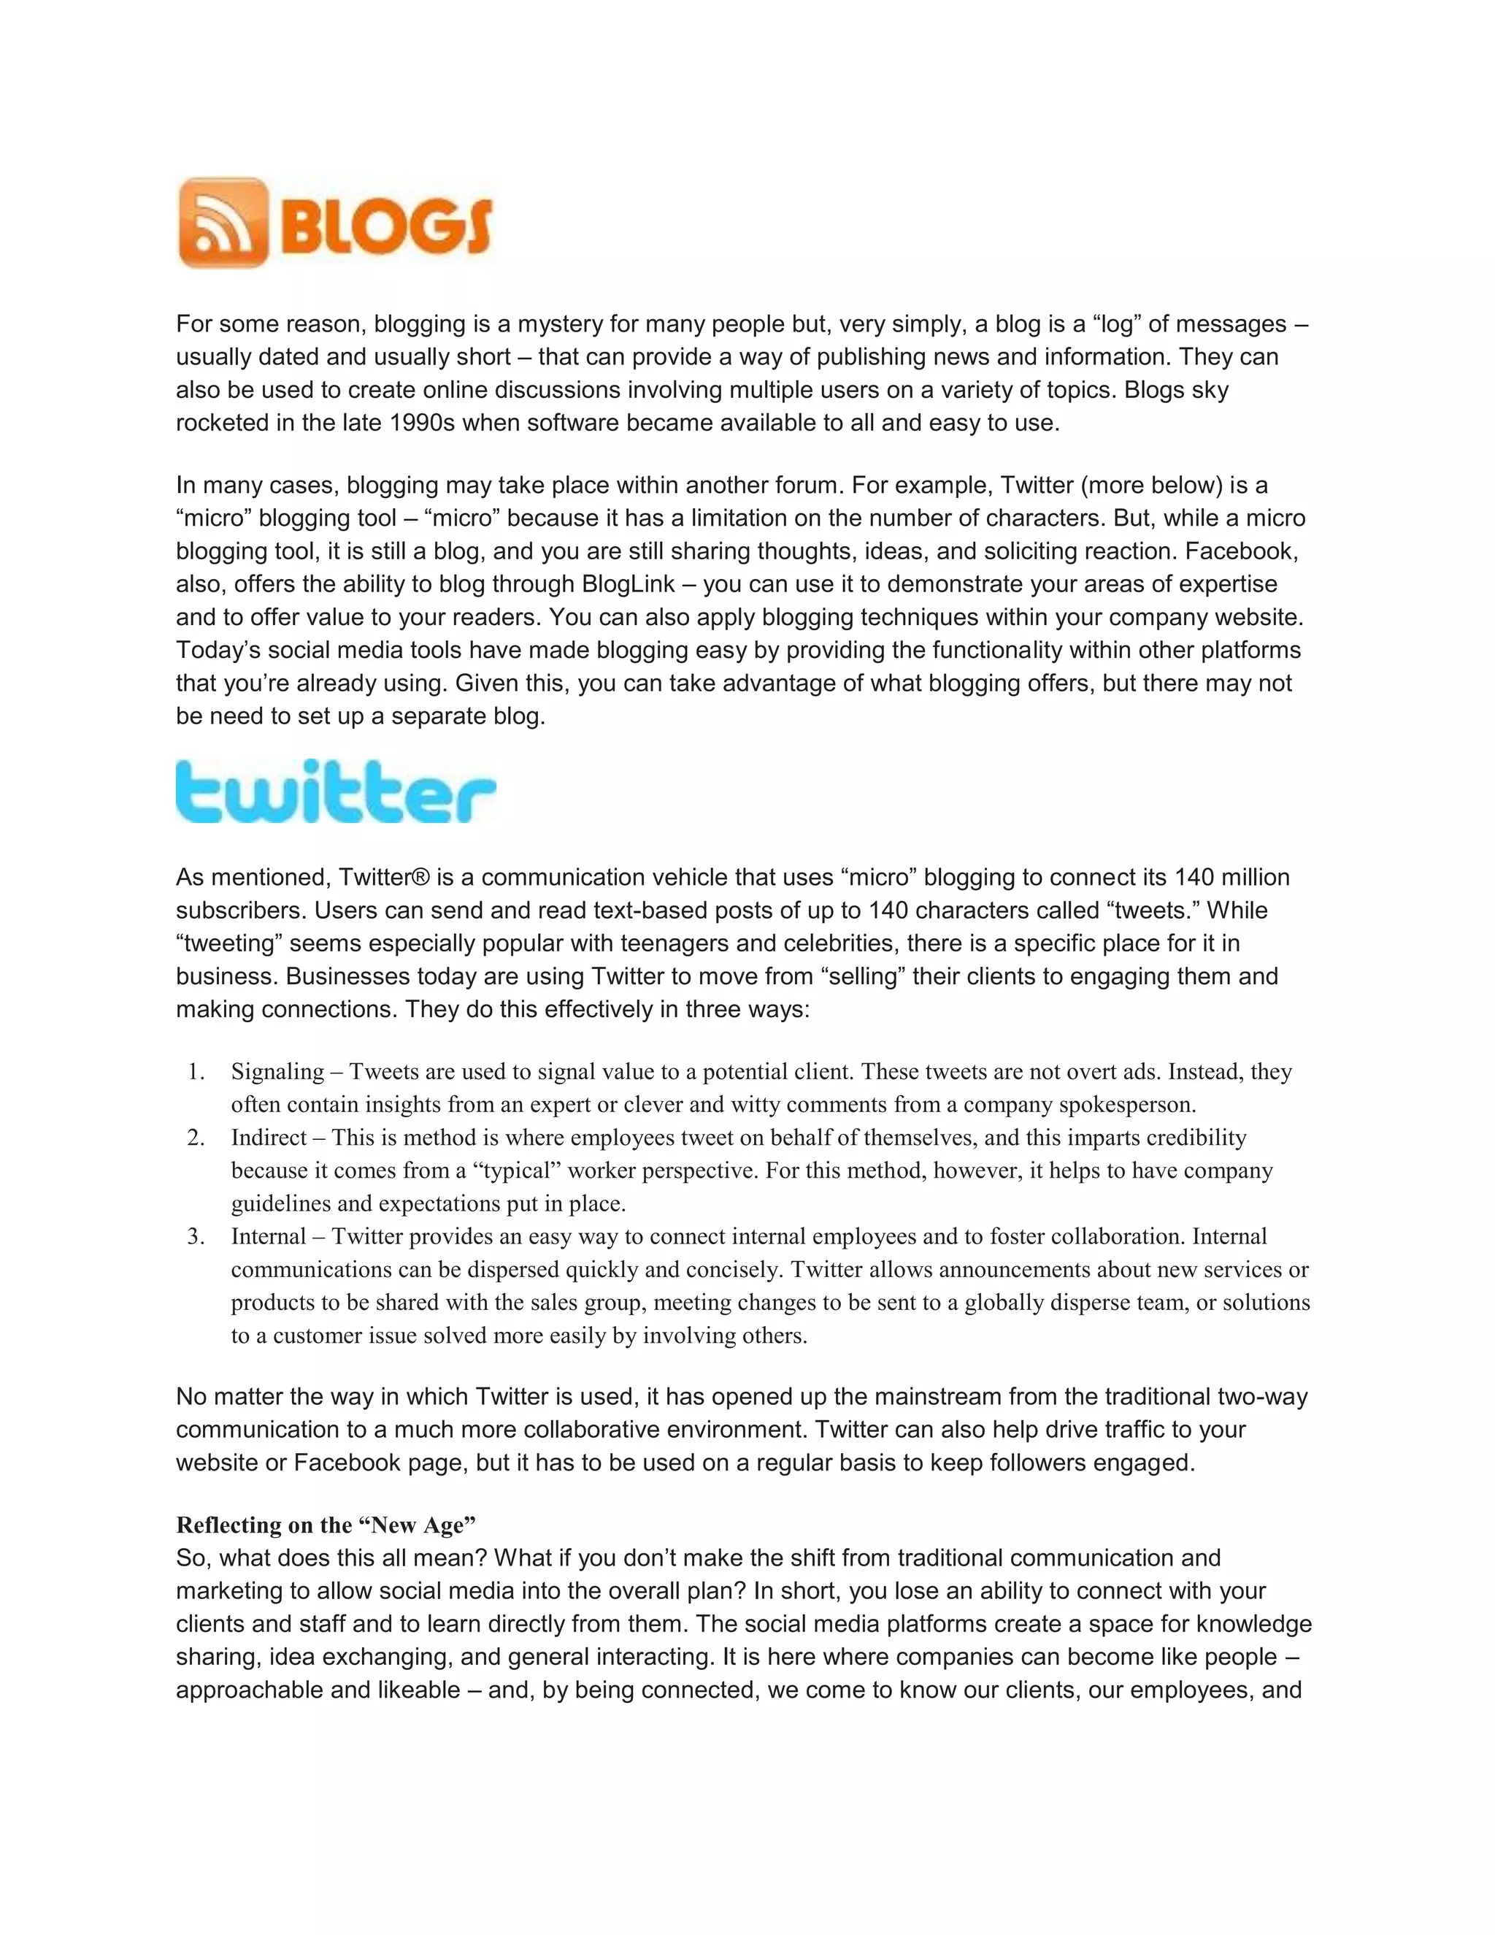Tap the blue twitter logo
tap(336, 792)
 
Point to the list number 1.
tap(196, 1072)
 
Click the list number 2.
tap(196, 1138)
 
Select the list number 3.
tap(196, 1237)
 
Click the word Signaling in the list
tap(277, 1072)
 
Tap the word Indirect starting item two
tap(269, 1138)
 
